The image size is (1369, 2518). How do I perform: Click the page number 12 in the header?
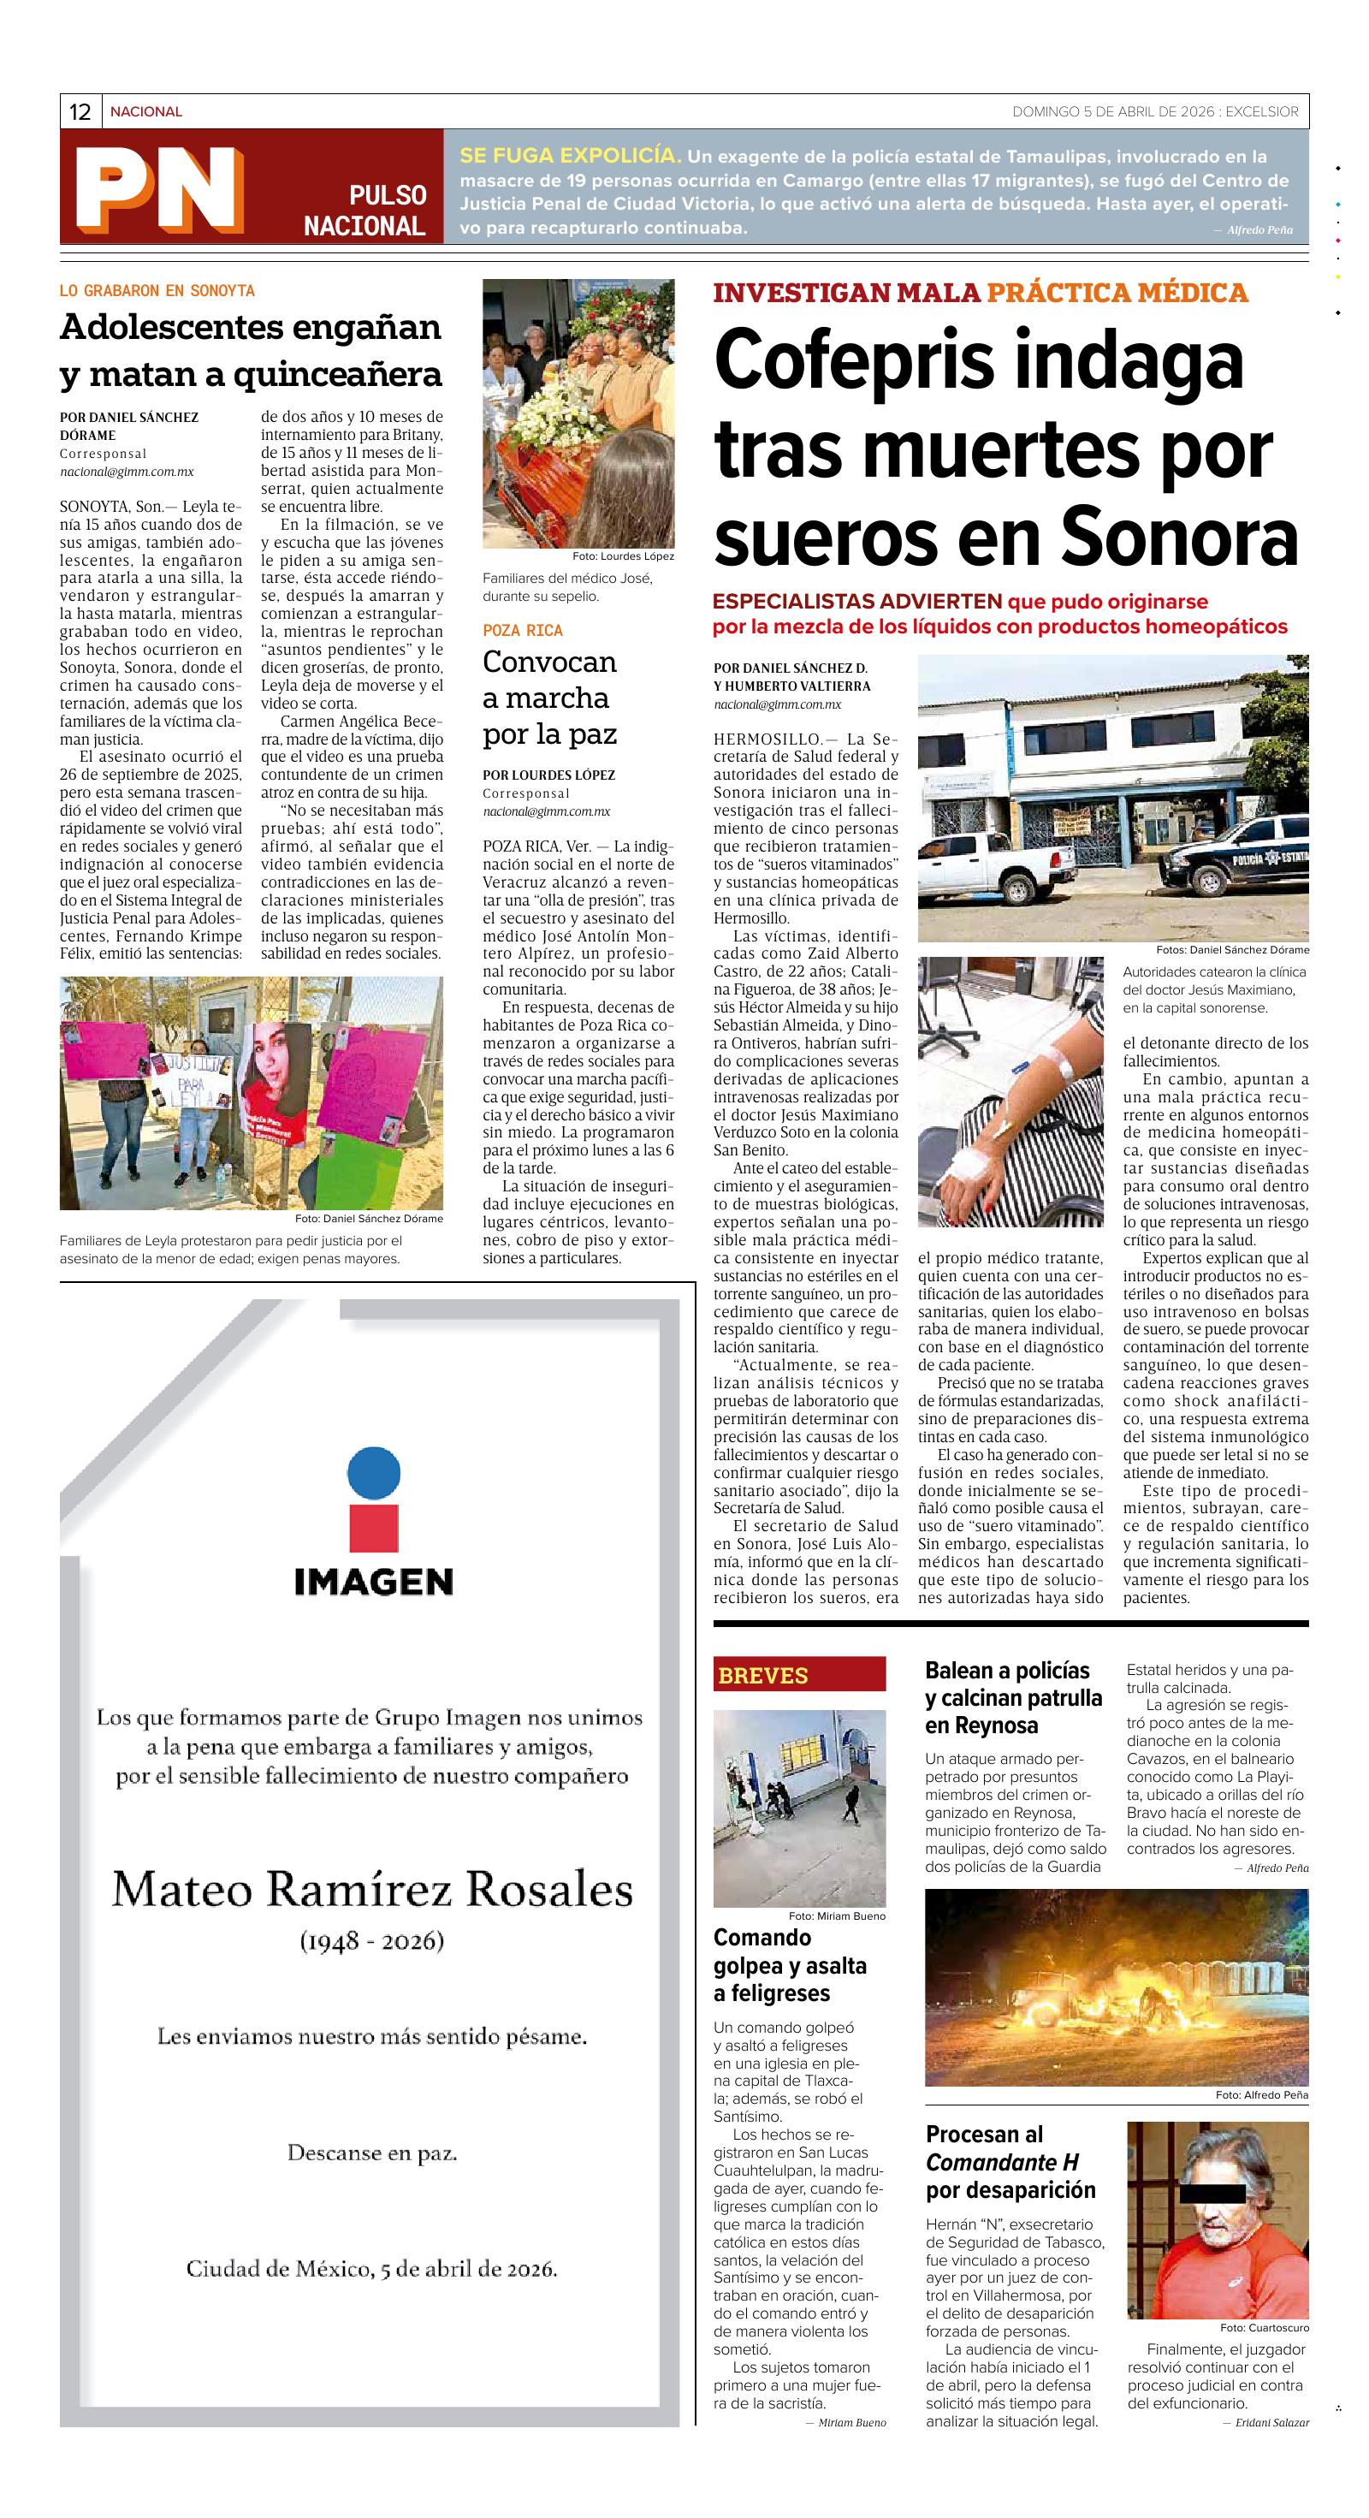click(80, 112)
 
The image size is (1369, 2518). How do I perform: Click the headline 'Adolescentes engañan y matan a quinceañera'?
click(250, 350)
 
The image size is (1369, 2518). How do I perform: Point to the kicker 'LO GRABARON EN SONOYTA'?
click(157, 291)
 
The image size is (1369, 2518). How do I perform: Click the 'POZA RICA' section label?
click(523, 631)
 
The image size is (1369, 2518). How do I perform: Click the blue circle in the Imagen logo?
click(374, 1474)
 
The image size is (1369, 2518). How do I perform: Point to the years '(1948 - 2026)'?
click(372, 1940)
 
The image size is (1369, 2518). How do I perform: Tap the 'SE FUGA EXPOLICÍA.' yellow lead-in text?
click(571, 156)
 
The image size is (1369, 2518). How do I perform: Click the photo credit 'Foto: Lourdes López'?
click(624, 556)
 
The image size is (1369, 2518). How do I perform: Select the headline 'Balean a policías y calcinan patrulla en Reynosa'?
click(1013, 1698)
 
